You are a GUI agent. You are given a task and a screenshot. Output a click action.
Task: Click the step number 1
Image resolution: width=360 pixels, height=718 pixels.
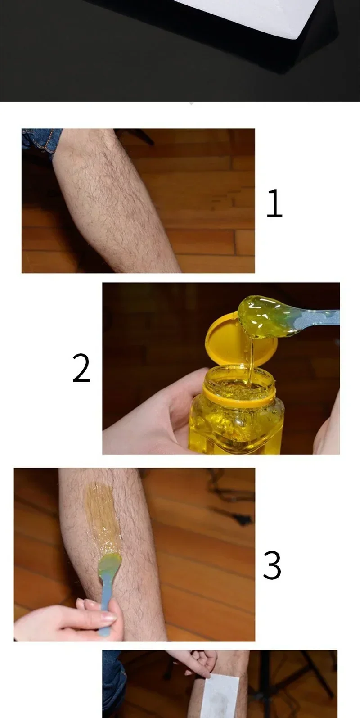pyautogui.click(x=275, y=203)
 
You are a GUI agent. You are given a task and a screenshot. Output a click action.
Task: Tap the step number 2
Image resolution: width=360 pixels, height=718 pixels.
pyautogui.click(x=81, y=368)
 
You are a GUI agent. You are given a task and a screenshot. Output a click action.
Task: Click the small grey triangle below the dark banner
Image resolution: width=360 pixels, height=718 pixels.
pyautogui.click(x=192, y=104)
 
